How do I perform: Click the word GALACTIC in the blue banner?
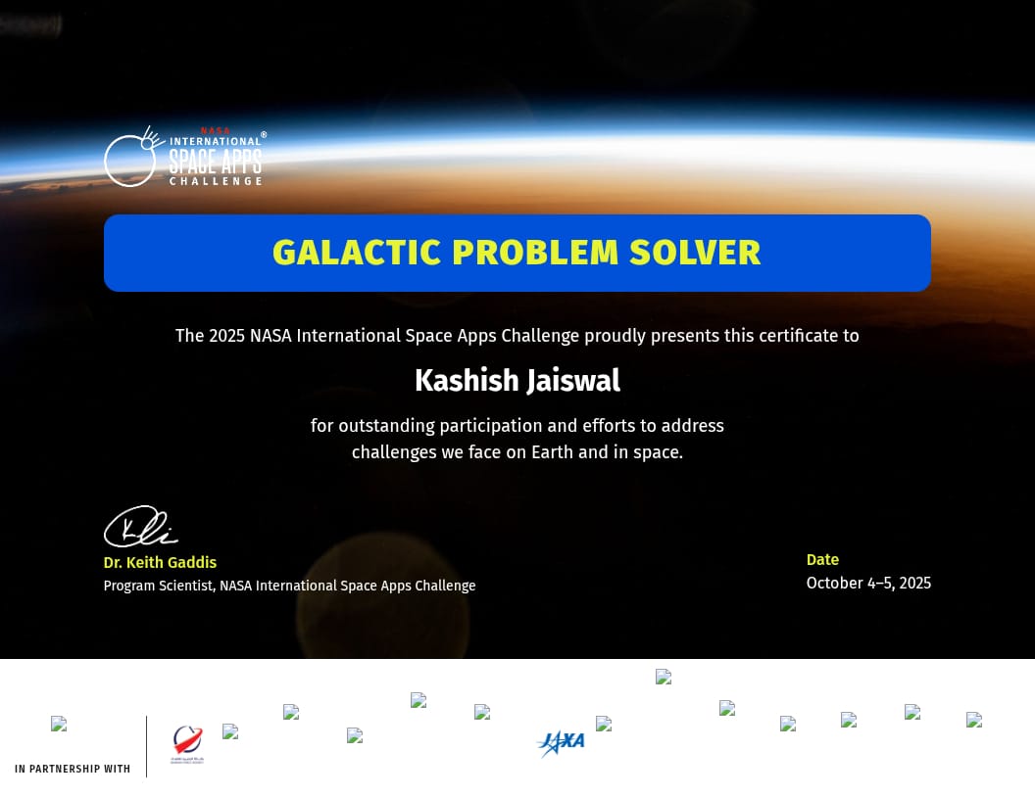(x=357, y=253)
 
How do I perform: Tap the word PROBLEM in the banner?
(x=535, y=253)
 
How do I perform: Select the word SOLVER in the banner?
(x=695, y=253)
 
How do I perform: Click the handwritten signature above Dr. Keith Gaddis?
(x=140, y=526)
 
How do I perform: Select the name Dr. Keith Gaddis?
(x=160, y=562)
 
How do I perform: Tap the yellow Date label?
(x=822, y=560)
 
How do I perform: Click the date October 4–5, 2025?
(x=868, y=584)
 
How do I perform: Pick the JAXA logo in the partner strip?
(x=561, y=743)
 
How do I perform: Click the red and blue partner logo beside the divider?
(x=187, y=743)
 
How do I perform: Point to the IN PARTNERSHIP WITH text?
(x=73, y=769)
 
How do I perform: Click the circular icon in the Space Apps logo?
(x=130, y=161)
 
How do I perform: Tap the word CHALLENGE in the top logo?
(x=216, y=181)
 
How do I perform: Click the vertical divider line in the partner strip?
(x=147, y=746)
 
